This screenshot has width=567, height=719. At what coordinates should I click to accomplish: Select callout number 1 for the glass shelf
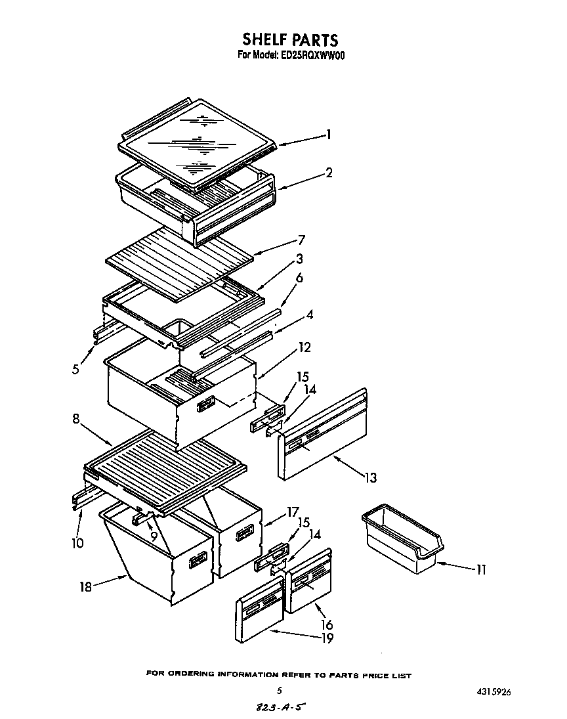[x=328, y=135]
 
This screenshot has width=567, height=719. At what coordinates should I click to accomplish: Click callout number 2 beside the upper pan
[x=329, y=173]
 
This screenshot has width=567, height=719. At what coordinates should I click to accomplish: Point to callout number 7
[x=301, y=240]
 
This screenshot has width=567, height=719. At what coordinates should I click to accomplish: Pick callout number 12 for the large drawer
[x=304, y=347]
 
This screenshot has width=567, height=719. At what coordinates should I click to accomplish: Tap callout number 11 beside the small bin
[x=481, y=570]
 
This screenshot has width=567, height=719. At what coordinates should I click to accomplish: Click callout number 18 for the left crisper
[x=86, y=587]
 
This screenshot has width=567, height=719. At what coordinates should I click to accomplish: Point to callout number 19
[x=326, y=638]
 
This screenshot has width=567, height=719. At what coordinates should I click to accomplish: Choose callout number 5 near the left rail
[x=76, y=369]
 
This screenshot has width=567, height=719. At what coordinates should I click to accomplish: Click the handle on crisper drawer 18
[x=198, y=559]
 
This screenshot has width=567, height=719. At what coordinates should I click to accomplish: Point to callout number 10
[x=78, y=542]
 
